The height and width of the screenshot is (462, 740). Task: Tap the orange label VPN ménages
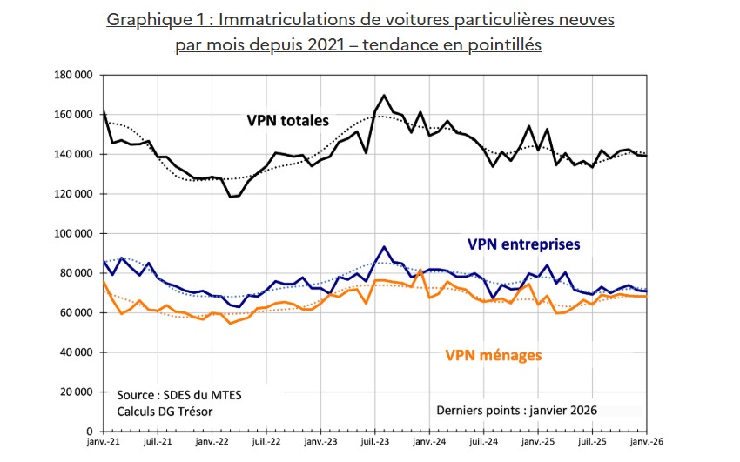pos(494,355)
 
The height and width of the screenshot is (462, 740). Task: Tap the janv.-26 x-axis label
pos(646,442)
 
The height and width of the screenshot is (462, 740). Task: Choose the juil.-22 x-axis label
pos(265,442)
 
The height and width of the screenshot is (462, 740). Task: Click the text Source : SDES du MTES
pos(178,395)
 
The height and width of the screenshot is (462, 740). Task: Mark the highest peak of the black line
pos(384,95)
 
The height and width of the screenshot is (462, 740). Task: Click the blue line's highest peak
pos(384,247)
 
